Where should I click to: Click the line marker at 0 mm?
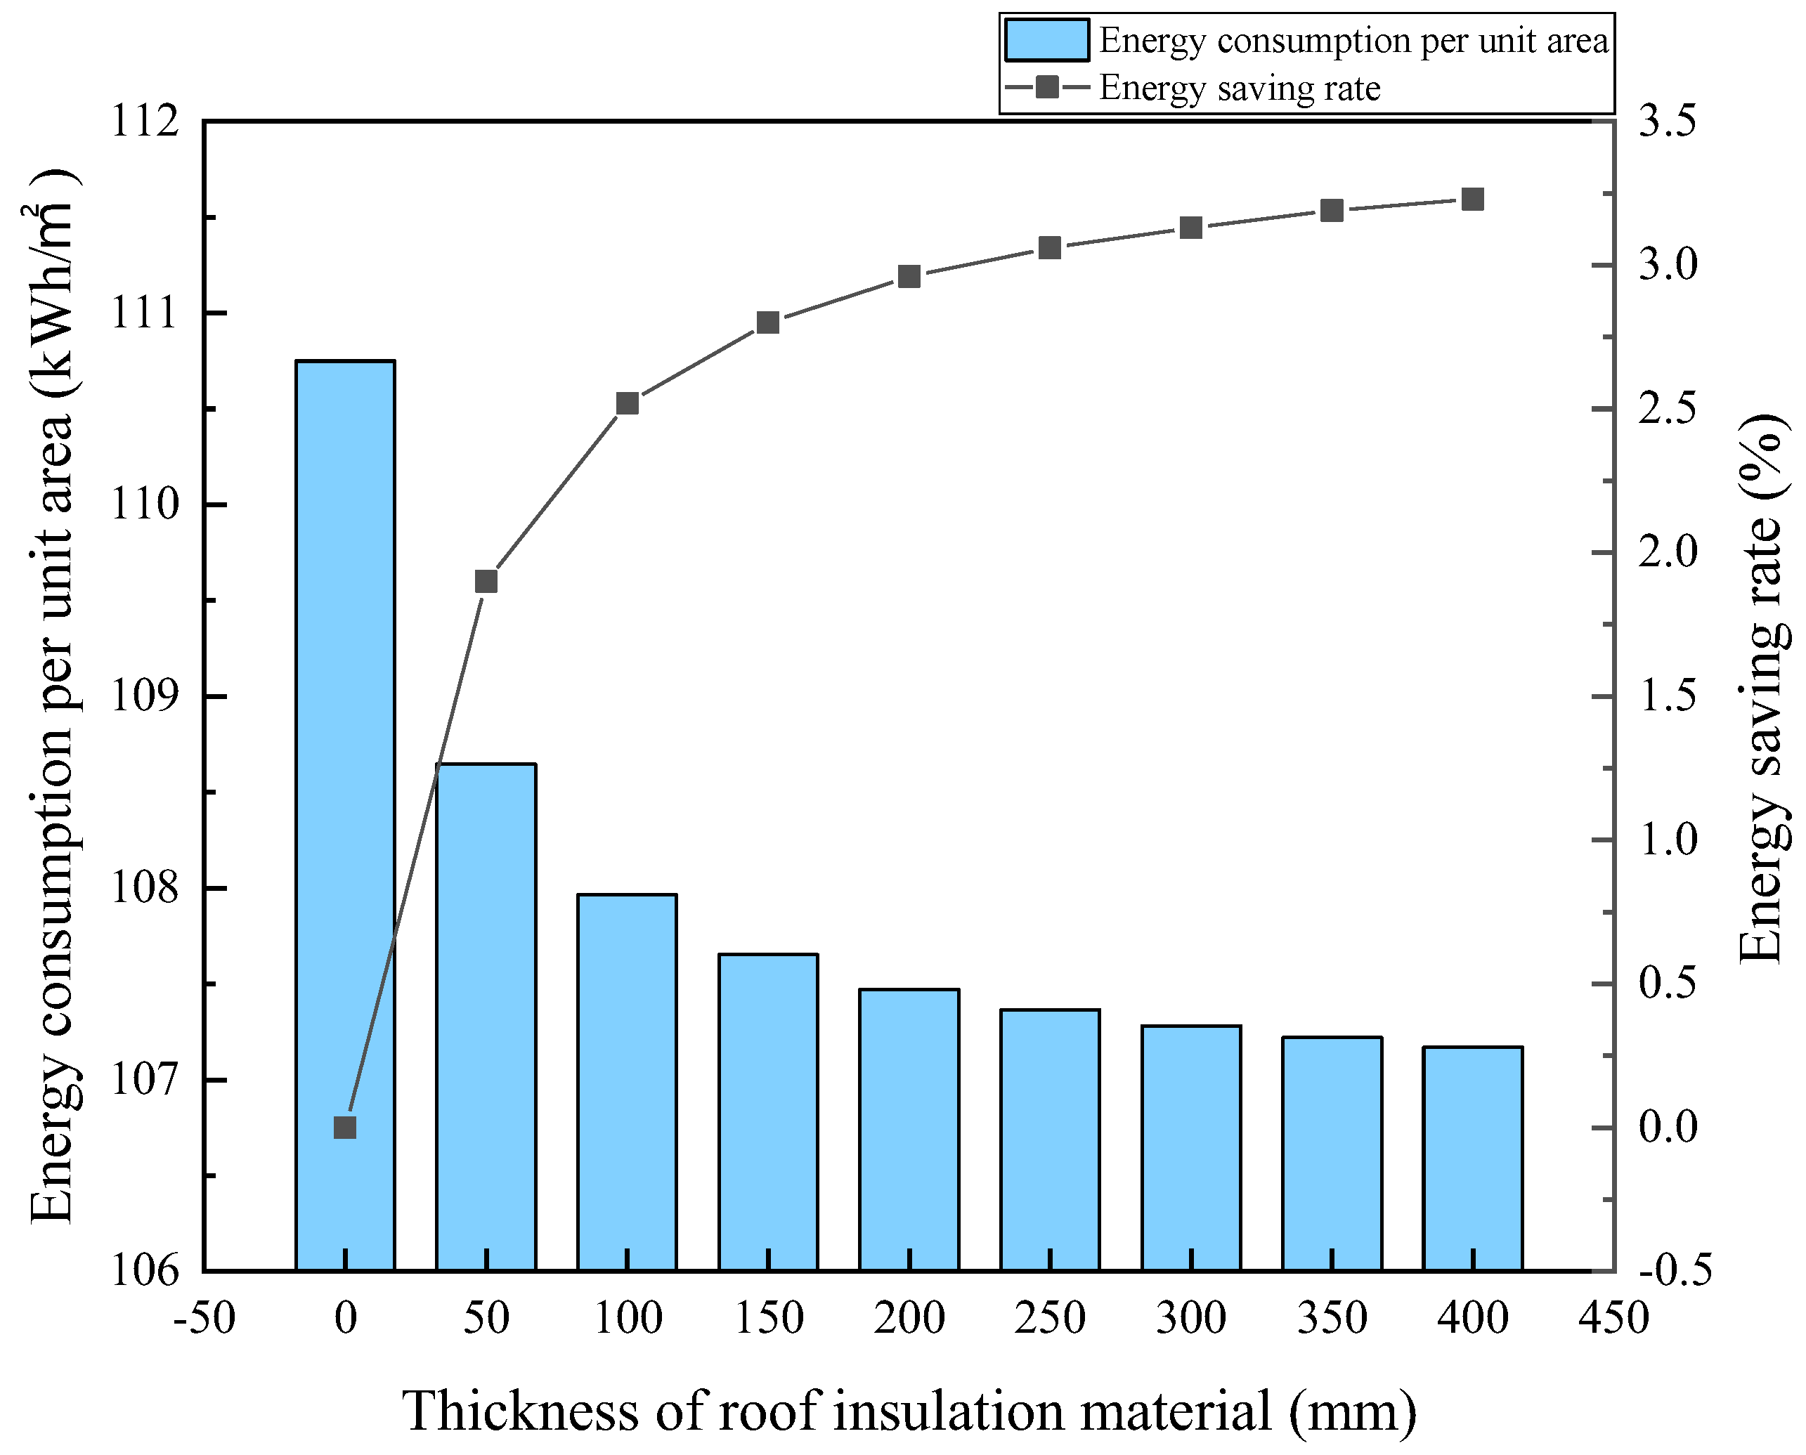point(344,1128)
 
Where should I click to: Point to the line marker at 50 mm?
point(486,582)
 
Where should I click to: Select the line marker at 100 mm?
point(627,404)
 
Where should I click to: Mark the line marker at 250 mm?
point(1050,248)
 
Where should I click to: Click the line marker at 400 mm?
point(1472,200)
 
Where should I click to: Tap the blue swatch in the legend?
point(1046,40)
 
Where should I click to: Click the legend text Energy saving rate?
point(1239,88)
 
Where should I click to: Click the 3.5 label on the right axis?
point(1667,122)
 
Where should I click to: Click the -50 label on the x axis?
point(204,1319)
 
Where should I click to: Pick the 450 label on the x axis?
point(1613,1319)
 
